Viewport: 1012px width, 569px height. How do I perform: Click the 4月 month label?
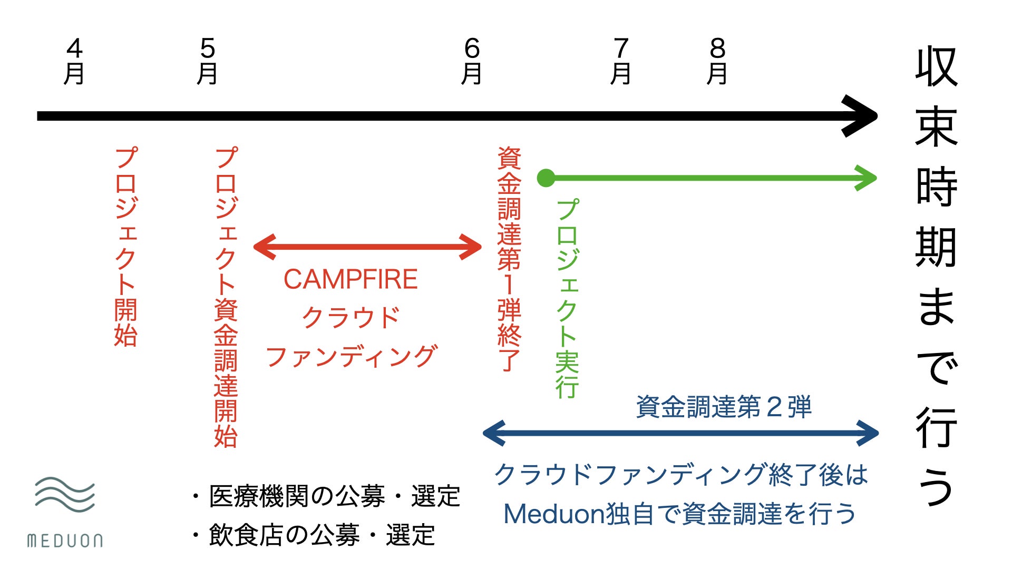74,61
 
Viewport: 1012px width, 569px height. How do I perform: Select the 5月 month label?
208,61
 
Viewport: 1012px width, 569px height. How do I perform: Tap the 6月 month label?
472,61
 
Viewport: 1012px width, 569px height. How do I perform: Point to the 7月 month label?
621,61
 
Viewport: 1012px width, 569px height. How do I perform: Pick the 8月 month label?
717,61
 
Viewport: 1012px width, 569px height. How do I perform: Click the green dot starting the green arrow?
546,178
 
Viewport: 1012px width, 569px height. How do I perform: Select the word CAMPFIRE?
351,279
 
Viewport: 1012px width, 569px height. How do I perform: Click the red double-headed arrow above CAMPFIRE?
367,247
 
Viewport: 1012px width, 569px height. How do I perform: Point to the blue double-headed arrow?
680,433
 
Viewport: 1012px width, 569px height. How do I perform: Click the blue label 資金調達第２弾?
724,407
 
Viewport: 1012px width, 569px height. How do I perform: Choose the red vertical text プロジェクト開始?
126,247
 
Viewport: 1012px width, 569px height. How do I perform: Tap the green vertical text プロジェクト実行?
568,298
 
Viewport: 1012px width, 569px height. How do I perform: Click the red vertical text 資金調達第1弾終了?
509,259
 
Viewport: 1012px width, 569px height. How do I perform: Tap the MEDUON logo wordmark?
65,541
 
